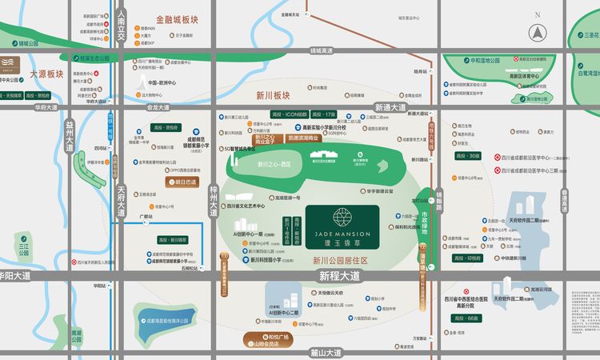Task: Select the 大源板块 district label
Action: (x=46, y=74)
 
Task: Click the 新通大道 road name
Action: (x=392, y=107)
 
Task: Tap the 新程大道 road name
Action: (x=339, y=276)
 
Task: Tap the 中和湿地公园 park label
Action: (x=485, y=60)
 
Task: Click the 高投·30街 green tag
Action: (x=467, y=155)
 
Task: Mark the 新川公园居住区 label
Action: (x=339, y=260)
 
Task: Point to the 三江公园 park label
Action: (x=24, y=246)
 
